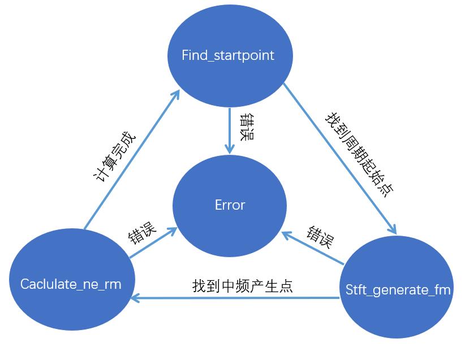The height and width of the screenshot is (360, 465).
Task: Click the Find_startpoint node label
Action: coord(227,55)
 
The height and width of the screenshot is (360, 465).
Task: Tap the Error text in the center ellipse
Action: coord(230,205)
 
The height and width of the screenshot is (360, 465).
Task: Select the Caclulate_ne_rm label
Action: coord(71,284)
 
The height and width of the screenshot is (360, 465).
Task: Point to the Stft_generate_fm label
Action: coord(398,290)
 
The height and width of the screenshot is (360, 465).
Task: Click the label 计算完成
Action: coord(114,156)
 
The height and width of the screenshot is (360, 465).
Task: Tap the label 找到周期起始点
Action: coord(359,153)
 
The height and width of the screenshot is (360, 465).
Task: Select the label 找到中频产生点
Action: coord(242,285)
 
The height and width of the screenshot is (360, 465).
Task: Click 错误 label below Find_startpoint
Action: coord(247,128)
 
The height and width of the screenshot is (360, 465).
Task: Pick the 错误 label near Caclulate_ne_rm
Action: coord(142,232)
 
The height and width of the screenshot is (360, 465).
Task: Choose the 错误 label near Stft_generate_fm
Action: coord(320,237)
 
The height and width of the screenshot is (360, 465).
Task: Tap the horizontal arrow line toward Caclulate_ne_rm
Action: coord(238,297)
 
